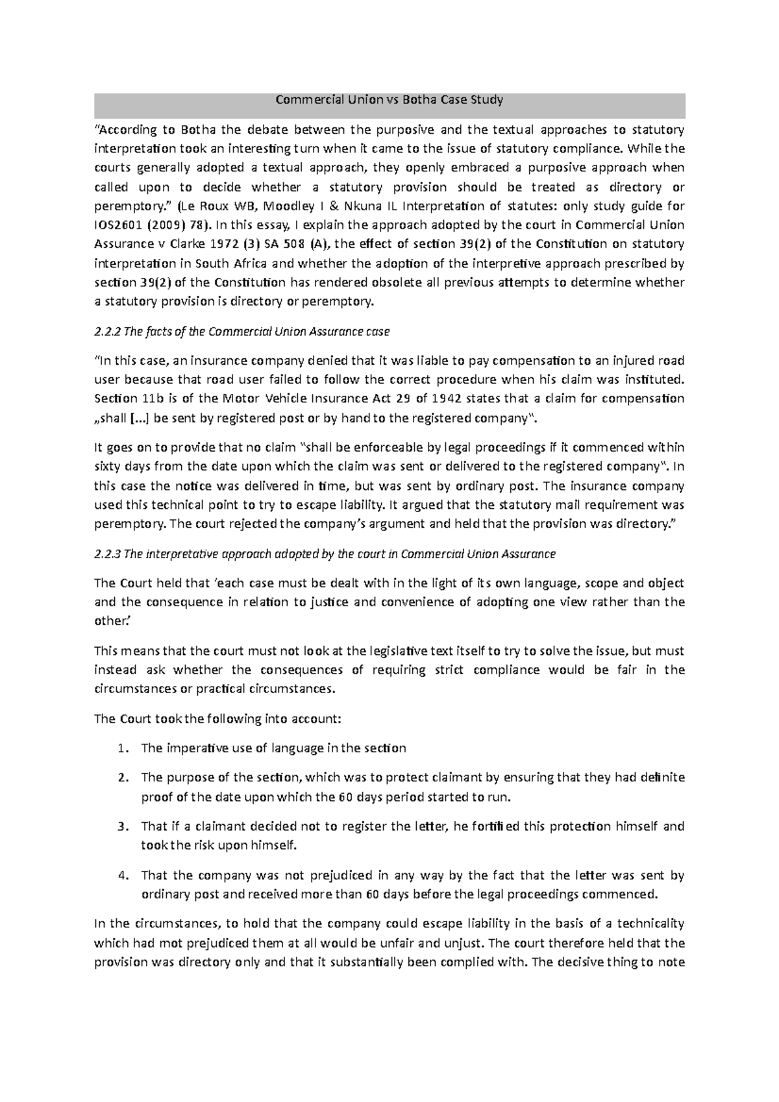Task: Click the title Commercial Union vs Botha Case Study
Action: click(389, 100)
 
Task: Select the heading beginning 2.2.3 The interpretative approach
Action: click(325, 554)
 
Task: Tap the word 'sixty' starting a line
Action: click(107, 467)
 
